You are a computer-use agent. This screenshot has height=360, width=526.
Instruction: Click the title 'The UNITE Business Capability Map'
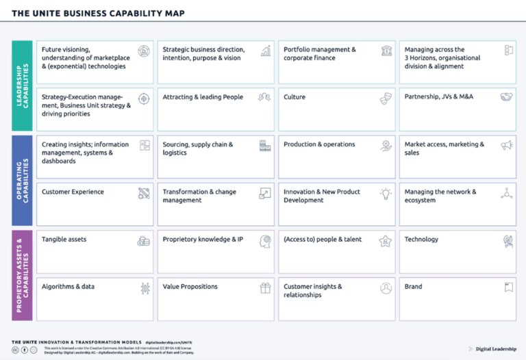(x=98, y=13)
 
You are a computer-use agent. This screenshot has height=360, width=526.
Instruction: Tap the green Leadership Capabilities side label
(x=22, y=86)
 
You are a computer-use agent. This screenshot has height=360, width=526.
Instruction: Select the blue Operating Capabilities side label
(x=22, y=180)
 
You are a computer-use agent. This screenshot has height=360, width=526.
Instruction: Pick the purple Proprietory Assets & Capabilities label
(x=22, y=274)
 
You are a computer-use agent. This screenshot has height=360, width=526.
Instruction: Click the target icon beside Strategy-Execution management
(x=144, y=99)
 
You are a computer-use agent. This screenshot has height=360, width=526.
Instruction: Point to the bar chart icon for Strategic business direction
(x=265, y=51)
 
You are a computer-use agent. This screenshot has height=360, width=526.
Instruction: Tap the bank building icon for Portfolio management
(x=386, y=51)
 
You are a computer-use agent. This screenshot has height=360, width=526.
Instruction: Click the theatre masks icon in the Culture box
(x=386, y=99)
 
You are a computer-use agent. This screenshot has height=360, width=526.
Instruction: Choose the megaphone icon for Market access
(x=507, y=146)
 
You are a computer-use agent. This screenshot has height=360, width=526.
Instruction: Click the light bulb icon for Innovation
(x=386, y=193)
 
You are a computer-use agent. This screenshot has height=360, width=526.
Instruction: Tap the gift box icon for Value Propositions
(x=265, y=288)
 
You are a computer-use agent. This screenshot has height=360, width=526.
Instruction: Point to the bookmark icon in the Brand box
(x=508, y=288)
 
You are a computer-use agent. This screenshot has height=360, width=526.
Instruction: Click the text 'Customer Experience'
(x=73, y=192)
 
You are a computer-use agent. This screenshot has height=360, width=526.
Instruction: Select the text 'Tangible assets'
(x=64, y=240)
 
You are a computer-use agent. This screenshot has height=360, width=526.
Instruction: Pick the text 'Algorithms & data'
(x=68, y=287)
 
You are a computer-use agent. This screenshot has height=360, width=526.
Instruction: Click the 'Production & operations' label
(x=319, y=144)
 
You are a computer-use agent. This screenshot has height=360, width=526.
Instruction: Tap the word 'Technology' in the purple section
(x=421, y=240)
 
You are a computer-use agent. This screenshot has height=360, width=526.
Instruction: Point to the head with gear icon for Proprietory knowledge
(x=265, y=241)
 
